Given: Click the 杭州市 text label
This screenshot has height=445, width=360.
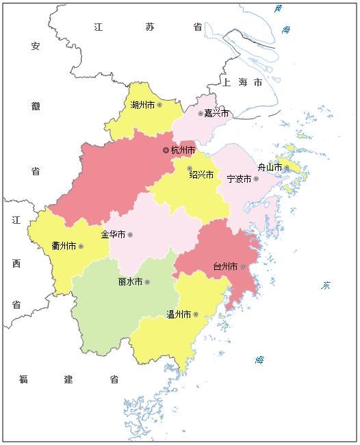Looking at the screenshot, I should point(183,150).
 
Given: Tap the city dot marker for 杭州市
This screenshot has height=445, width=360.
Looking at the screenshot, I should point(166,150).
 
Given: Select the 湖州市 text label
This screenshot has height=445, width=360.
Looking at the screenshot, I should point(142,105).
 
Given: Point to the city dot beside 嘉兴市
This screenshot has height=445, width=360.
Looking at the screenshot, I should point(201,114).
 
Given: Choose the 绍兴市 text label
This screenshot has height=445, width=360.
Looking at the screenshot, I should point(202,175).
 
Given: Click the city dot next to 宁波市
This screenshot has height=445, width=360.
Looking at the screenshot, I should point(256,179).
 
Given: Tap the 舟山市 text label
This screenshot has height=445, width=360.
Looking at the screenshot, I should point(270,167).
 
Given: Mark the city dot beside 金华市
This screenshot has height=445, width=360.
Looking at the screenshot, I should point(130,235).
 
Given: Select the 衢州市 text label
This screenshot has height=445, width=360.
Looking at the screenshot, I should point(64,246).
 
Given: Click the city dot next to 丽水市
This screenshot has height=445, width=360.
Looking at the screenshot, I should point(146,281).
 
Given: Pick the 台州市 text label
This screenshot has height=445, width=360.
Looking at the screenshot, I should point(225,266).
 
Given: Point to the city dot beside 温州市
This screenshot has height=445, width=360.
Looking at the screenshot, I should point(196,314).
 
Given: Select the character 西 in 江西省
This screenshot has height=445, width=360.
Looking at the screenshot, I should point(16,263).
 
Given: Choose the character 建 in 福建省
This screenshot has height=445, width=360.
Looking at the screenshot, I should point(68,379).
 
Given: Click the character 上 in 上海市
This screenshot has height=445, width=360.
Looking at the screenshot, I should point(226,82).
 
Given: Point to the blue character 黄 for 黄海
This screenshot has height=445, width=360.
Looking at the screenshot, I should point(278,9).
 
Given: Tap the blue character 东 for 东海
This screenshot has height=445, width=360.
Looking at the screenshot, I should point(326,285).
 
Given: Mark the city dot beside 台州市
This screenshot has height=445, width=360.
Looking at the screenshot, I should point(242,266).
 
